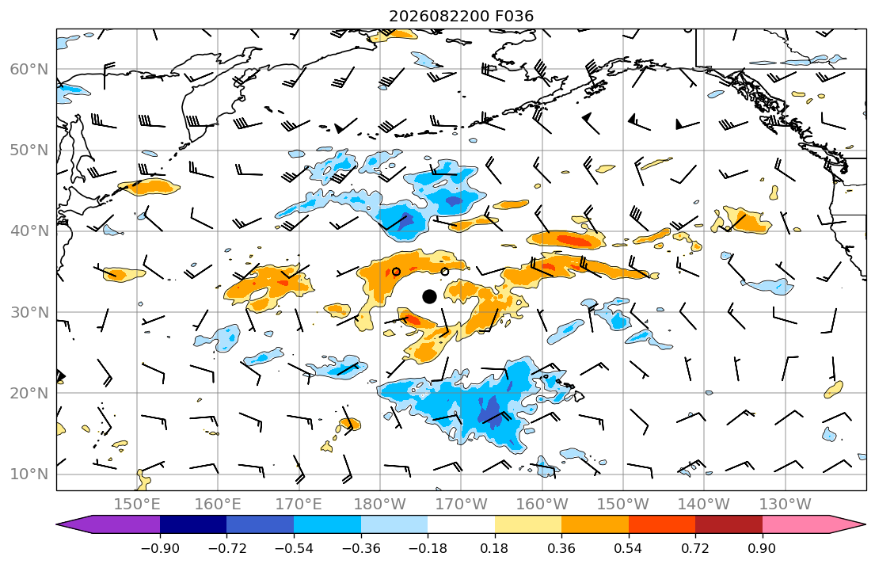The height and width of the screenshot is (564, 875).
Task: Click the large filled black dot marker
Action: [429, 296]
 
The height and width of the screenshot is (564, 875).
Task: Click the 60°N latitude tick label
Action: [29, 70]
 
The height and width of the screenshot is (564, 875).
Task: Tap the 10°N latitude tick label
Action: [29, 474]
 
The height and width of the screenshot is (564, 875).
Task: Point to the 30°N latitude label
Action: [29, 313]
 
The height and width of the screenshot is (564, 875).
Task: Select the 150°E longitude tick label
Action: [137, 505]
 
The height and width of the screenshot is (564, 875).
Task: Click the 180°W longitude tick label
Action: [380, 505]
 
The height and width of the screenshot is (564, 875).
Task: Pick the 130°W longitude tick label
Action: [786, 505]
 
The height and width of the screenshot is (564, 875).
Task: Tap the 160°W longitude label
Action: [542, 505]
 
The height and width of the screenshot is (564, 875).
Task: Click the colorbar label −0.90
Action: [160, 548]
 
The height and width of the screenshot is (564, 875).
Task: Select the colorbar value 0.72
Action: [695, 548]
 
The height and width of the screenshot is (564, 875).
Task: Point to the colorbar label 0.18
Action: [494, 548]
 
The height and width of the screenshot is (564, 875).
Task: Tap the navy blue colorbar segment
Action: [193, 524]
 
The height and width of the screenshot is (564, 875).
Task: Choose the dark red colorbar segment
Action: [729, 524]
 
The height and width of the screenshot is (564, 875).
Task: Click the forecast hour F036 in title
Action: [515, 16]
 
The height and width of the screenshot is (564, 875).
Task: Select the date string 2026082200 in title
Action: [439, 16]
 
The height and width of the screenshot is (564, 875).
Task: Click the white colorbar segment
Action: [461, 524]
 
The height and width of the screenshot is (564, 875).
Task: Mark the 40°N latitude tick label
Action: [29, 232]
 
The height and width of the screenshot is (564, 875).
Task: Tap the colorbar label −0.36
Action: [361, 548]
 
